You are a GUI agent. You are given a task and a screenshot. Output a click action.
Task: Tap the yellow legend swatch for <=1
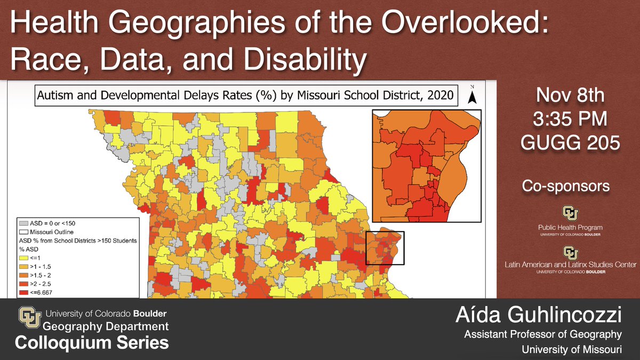[x=22, y=258]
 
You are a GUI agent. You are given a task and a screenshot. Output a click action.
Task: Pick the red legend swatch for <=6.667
[x=22, y=292]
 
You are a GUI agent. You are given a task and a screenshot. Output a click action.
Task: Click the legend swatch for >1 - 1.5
[x=22, y=266]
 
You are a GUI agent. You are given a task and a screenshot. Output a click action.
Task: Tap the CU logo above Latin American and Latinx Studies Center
[x=570, y=252]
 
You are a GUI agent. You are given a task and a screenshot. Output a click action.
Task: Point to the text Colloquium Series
[x=92, y=342]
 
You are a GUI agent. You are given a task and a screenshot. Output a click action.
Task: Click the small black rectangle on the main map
[x=385, y=248]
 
